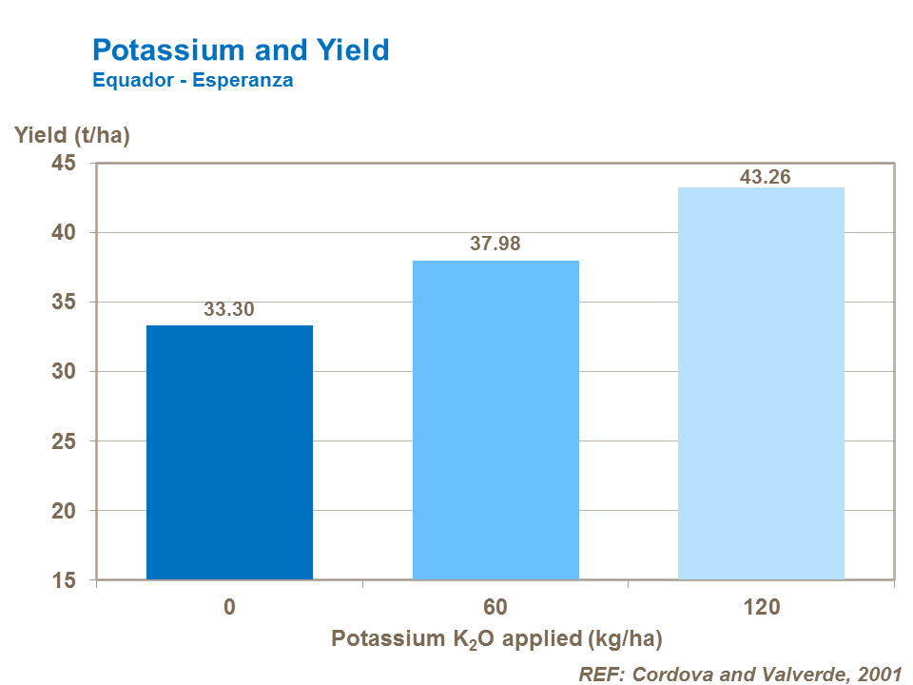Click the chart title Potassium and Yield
click(241, 49)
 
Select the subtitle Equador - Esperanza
click(192, 81)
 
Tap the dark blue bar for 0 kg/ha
click(229, 452)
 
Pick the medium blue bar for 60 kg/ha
click(495, 420)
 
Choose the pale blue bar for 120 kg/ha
click(761, 383)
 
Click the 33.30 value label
click(229, 309)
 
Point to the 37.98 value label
click(495, 245)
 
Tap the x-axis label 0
click(229, 607)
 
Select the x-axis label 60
click(495, 607)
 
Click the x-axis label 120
click(761, 607)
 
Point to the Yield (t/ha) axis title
click(72, 135)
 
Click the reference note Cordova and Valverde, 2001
click(740, 674)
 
